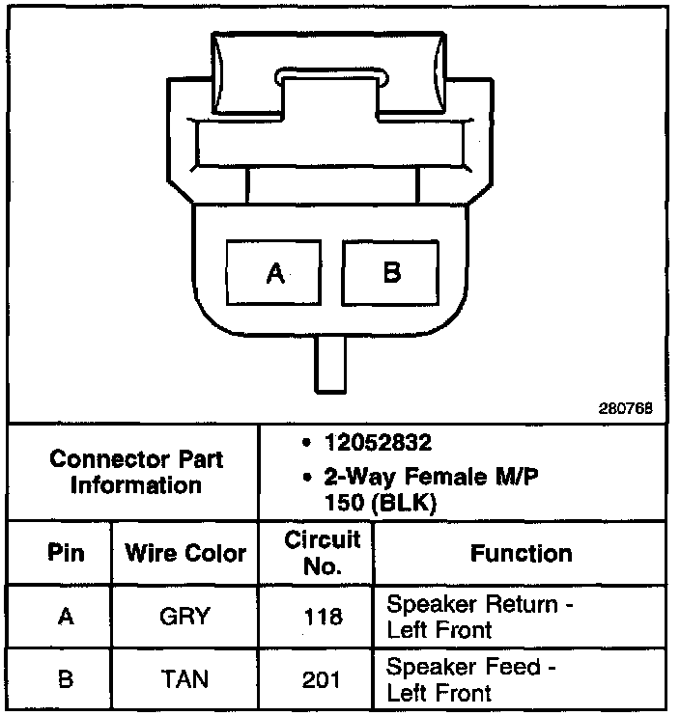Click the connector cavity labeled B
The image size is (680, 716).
click(391, 273)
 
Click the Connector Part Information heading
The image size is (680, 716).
click(135, 472)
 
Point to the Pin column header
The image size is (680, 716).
click(65, 553)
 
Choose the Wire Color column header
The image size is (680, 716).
click(185, 554)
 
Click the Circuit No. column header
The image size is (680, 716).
click(322, 553)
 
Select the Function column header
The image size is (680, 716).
click(521, 553)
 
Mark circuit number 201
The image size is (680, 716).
click(322, 679)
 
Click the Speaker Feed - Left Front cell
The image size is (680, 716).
click(471, 679)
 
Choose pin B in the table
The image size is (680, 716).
click(65, 679)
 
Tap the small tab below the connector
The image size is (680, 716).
click(330, 364)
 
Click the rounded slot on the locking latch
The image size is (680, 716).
click(333, 76)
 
